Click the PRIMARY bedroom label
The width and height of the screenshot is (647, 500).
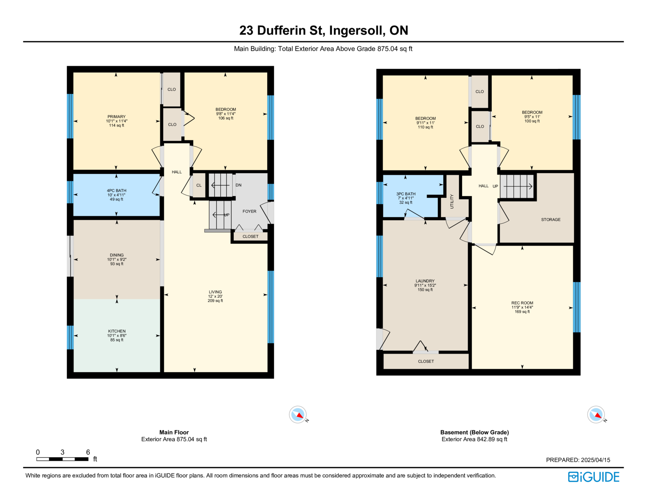point(116,117)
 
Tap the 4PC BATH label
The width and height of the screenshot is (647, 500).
point(116,191)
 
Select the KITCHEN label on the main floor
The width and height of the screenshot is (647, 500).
point(117,331)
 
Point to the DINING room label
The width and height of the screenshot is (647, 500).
point(117,255)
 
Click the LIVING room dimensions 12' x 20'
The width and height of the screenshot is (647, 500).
point(215,296)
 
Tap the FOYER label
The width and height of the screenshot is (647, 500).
point(249,212)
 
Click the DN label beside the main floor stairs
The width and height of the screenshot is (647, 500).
point(239,185)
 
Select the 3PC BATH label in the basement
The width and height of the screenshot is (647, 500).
point(406,194)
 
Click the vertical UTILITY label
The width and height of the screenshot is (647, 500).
point(452,201)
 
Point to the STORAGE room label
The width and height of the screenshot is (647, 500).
point(551,220)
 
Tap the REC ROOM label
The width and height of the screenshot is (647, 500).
point(522,303)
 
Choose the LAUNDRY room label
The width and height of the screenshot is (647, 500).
point(425,281)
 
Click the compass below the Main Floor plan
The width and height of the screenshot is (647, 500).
point(298,414)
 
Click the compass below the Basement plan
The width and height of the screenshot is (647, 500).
point(596,414)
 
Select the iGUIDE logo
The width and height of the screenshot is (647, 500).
point(594,477)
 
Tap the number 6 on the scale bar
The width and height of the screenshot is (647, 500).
point(88,452)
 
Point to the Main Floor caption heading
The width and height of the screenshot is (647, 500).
point(174,432)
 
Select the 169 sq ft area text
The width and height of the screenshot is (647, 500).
point(522,311)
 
